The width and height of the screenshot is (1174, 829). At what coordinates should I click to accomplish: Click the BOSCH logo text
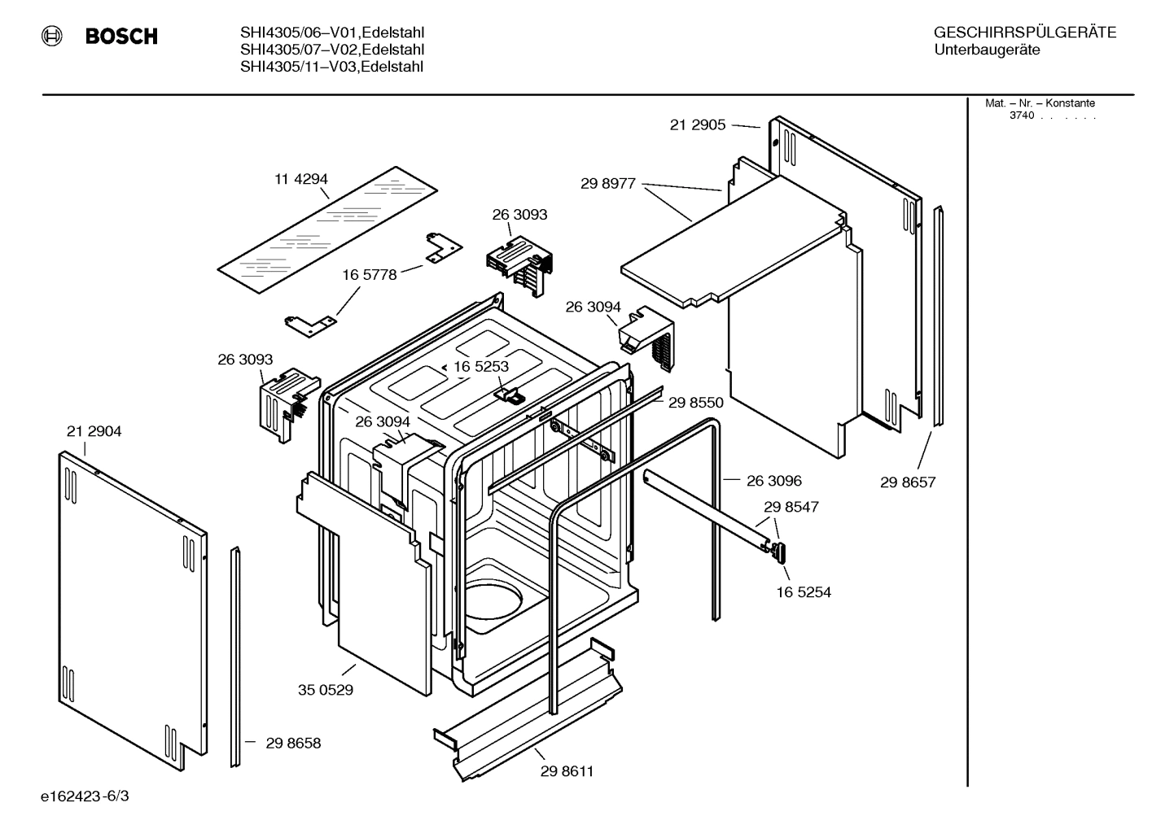coord(120,37)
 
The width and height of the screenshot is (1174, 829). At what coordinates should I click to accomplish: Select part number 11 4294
coord(300,179)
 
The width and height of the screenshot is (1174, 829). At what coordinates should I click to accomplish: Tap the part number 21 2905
coord(697,125)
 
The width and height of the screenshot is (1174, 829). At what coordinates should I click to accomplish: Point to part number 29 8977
coord(607,184)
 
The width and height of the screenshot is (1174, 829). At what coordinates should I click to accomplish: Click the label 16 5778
coord(369,275)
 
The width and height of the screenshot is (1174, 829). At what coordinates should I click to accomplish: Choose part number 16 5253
coord(480,367)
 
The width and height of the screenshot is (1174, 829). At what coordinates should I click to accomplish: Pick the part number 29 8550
coord(695,402)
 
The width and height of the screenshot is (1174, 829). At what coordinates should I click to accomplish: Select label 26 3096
coord(773,481)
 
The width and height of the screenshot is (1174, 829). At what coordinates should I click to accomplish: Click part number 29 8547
coord(791,507)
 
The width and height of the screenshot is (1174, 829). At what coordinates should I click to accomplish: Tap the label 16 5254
coord(803,592)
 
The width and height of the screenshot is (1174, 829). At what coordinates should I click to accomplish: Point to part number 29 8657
coord(908,482)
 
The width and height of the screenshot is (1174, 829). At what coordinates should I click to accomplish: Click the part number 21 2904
coord(94,432)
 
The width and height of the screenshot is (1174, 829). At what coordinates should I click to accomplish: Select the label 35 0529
coord(325,690)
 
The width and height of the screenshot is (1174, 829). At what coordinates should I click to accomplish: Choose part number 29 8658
coord(293,743)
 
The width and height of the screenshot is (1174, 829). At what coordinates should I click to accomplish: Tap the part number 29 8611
coord(567,771)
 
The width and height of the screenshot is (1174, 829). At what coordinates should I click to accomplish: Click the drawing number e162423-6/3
coord(85,796)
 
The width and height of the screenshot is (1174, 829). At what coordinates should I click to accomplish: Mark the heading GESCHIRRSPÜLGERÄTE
coord(1024,33)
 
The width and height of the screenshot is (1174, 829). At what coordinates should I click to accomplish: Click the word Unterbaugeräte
coord(987,50)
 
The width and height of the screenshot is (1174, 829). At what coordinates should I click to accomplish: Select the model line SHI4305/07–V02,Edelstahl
coord(331,50)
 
